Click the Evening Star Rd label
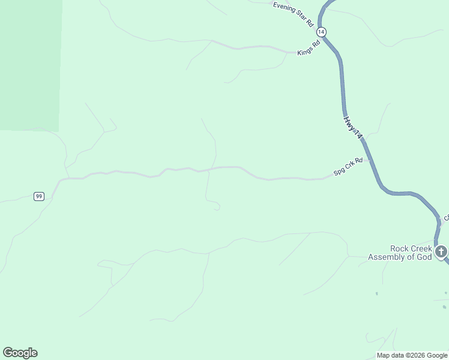tap(294, 14)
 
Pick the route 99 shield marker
tap(39, 196)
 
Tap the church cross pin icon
tap(441, 251)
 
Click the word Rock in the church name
tap(400, 248)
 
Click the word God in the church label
tap(424, 257)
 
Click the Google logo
tap(20, 353)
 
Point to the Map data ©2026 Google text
tap(412, 355)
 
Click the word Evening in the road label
tap(285, 9)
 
